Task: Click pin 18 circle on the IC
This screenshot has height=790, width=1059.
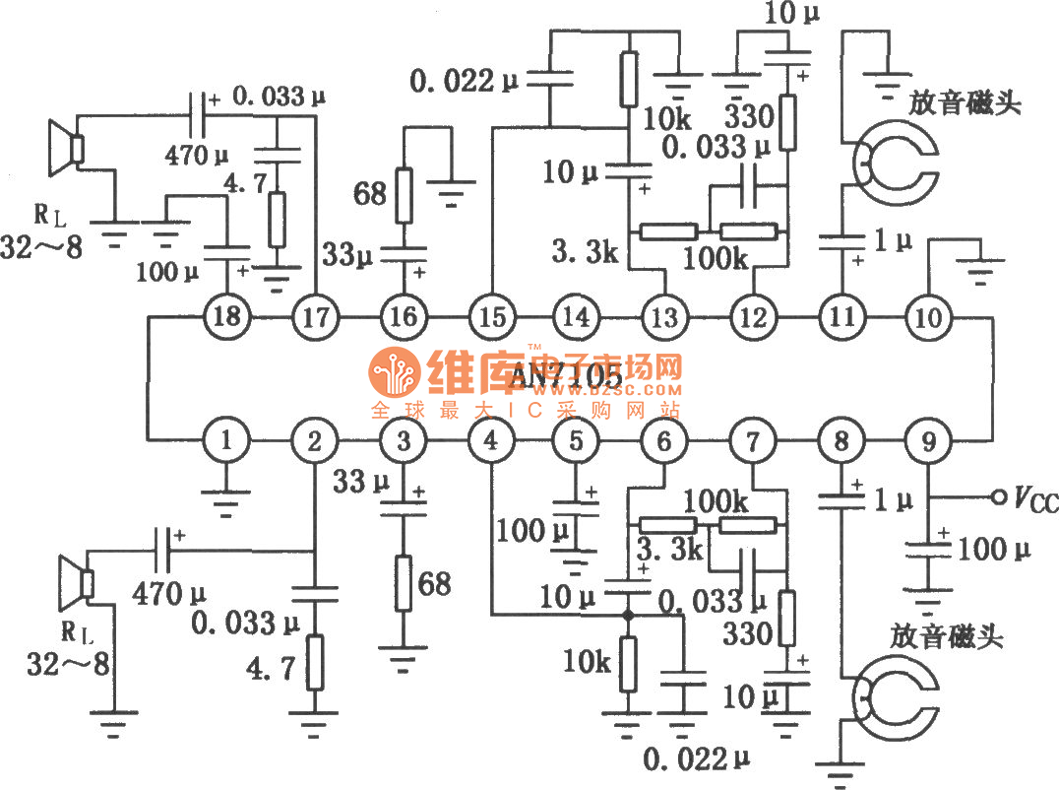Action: pyautogui.click(x=228, y=317)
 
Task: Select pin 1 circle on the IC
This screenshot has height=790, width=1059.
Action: pyautogui.click(x=228, y=442)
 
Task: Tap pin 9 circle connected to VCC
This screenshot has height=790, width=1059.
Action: pyautogui.click(x=926, y=442)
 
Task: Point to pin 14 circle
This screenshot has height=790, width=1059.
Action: pyautogui.click(x=577, y=317)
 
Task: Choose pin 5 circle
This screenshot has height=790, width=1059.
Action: pyautogui.click(x=577, y=442)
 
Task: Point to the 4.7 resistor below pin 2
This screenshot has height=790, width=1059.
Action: pyautogui.click(x=314, y=662)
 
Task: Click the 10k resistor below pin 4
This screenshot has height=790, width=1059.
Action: pyautogui.click(x=626, y=664)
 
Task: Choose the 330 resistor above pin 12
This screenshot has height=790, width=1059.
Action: pyautogui.click(x=788, y=121)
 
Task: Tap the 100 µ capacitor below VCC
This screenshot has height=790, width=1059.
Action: pyautogui.click(x=926, y=553)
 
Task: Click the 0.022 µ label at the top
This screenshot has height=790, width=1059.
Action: pyautogui.click(x=454, y=81)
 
